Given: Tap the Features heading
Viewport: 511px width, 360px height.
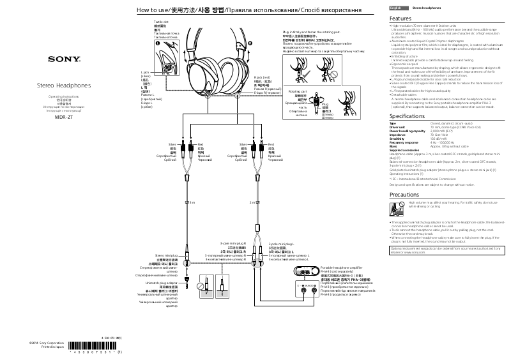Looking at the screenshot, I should [400, 19].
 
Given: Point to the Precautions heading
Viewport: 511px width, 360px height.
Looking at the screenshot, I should [404, 193].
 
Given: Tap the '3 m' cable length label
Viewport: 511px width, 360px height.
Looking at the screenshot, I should [191, 202].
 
